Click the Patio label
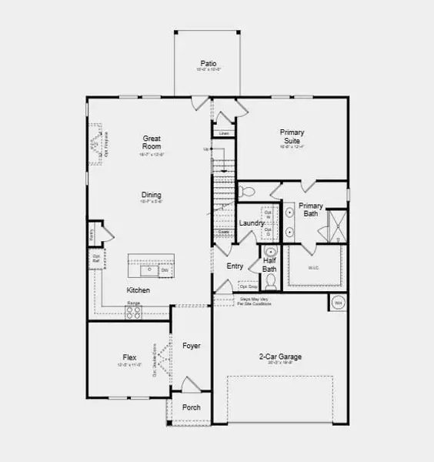[x=208, y=63]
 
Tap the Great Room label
[x=152, y=142]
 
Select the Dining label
[x=151, y=195]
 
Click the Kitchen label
[x=139, y=290]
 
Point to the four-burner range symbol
[x=134, y=312]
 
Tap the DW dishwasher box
[x=165, y=270]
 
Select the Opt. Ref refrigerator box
[x=96, y=260]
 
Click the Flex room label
[x=130, y=357]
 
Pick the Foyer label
[x=192, y=346]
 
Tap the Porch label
[x=192, y=407]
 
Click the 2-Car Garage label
[x=279, y=357]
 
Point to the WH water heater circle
[x=337, y=303]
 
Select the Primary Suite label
[x=292, y=136]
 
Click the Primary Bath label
[x=310, y=209]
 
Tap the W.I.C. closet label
[x=313, y=268]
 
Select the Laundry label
[x=252, y=223]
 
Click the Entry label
[x=235, y=266]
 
